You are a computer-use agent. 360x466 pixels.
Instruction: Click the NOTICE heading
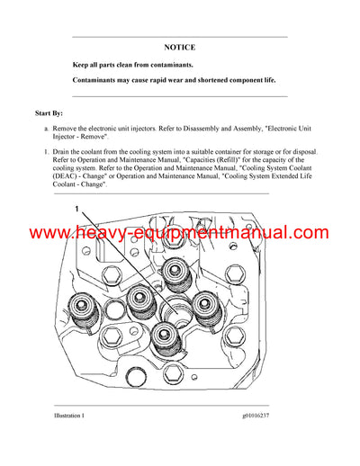point(179,47)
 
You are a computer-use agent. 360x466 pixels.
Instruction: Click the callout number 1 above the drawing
point(77,208)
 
